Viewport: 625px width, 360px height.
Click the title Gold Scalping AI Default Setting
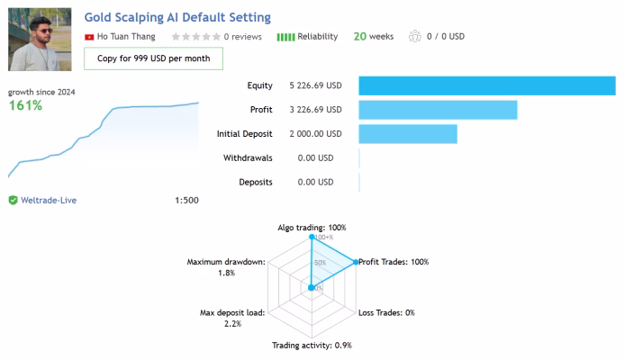coord(177,17)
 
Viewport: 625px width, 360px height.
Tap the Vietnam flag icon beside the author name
coord(89,37)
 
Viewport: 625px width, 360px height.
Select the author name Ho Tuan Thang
coord(126,37)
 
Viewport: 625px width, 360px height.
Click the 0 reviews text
coord(242,37)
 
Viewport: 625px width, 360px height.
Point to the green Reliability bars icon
coord(285,37)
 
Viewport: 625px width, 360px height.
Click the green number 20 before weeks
coord(359,37)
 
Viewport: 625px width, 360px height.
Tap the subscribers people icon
coord(415,36)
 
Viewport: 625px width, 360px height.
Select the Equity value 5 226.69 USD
coord(315,85)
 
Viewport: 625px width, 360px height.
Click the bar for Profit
coord(438,110)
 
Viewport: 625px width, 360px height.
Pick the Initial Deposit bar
coord(408,134)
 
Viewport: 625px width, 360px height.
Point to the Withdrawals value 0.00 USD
coord(315,158)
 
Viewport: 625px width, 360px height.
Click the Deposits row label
coord(256,182)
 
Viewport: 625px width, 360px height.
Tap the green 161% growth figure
coord(25,105)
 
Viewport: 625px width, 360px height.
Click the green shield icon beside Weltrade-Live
coord(14,201)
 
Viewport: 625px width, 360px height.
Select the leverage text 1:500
coord(186,201)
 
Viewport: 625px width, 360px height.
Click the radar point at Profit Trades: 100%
coord(356,262)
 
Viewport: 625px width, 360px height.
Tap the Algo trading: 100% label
coord(312,228)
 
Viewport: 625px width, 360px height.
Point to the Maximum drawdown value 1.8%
coord(226,273)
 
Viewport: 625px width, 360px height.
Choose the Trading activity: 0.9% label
coord(312,346)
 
